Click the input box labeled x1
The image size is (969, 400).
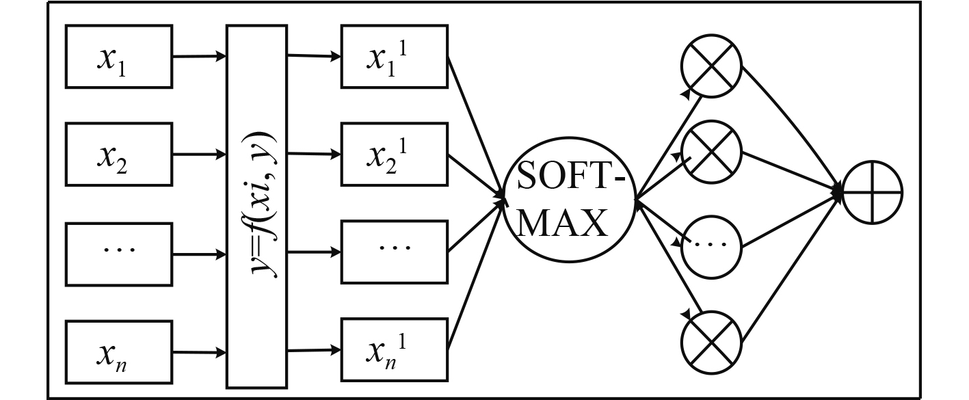[x=118, y=57]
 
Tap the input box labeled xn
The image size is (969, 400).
[x=118, y=353]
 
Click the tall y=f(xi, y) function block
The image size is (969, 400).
[x=256, y=205]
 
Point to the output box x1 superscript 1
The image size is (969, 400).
[x=395, y=57]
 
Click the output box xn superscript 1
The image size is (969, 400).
[x=395, y=350]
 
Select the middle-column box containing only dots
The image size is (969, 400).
[x=395, y=250]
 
